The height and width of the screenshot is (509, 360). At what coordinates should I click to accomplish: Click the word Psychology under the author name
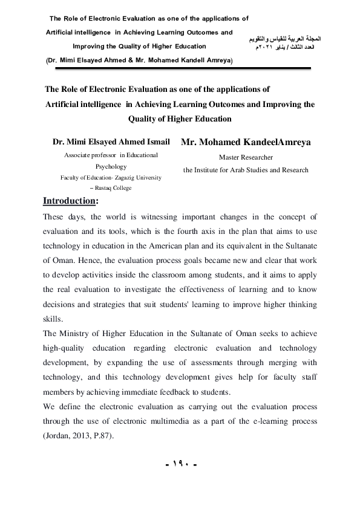click(111, 166)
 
